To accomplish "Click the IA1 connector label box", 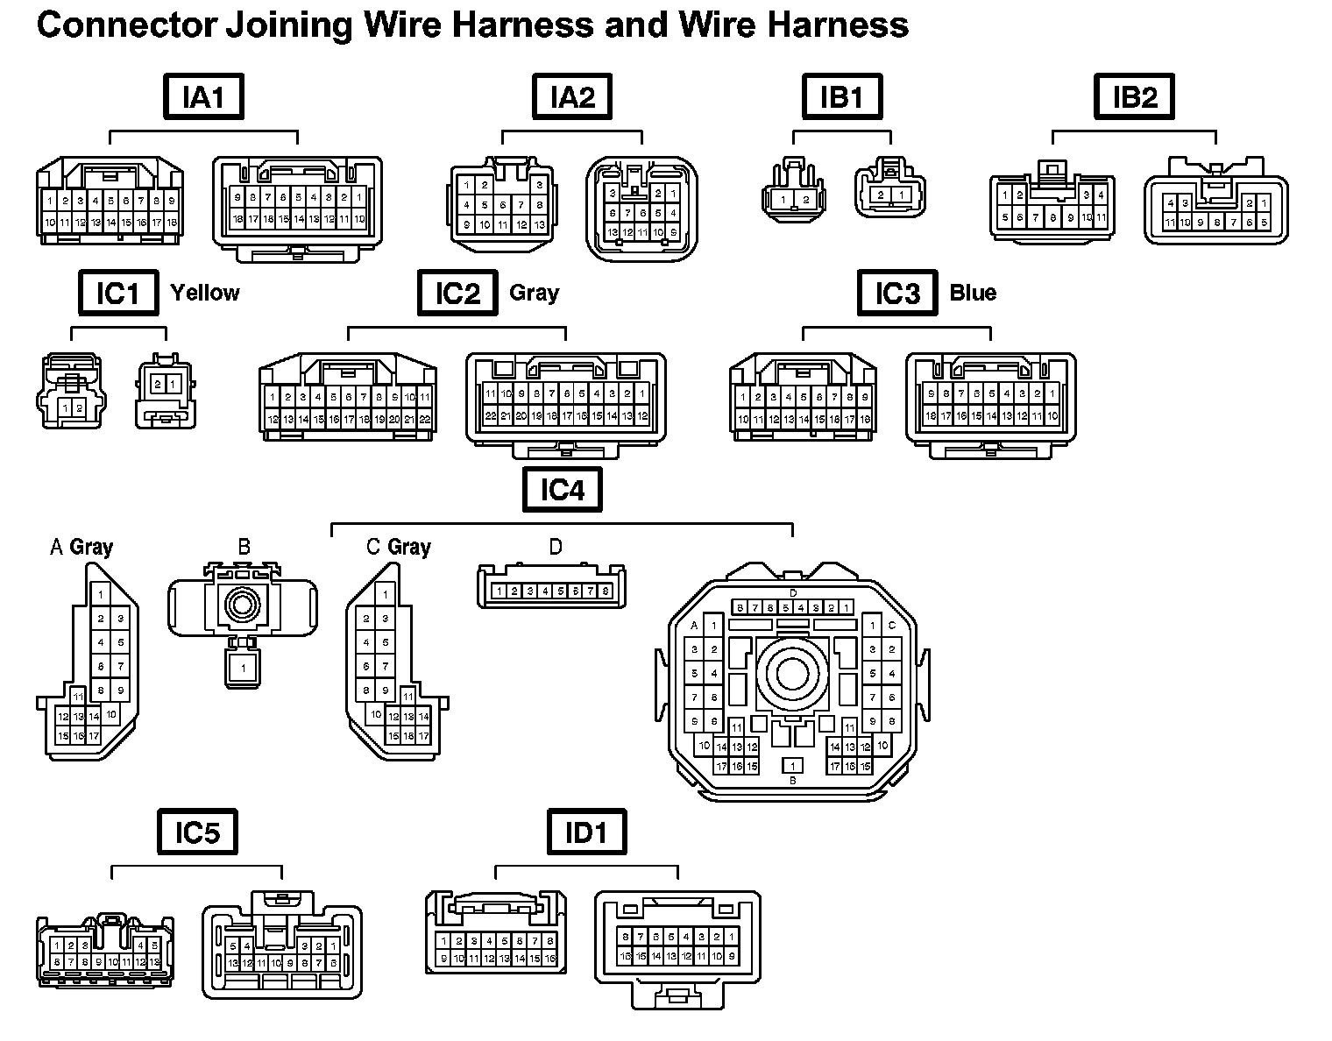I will (203, 96).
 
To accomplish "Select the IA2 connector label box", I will (572, 96).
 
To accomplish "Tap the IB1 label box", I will (841, 96).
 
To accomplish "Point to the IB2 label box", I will (1134, 96).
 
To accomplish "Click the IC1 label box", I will (117, 293).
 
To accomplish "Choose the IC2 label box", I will (457, 293).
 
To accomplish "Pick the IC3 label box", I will (896, 293).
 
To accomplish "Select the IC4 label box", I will (562, 489).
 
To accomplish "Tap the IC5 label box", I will (197, 832).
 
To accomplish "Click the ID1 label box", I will (586, 832).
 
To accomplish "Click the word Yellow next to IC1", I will (204, 293).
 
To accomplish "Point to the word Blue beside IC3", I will (973, 293).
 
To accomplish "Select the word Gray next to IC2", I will (534, 293).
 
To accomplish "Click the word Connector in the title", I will (124, 25).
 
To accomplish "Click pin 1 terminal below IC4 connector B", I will (243, 668).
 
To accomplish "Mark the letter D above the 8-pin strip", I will (556, 547).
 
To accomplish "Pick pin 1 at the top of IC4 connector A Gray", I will (101, 596).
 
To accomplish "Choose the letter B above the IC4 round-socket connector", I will (244, 547).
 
